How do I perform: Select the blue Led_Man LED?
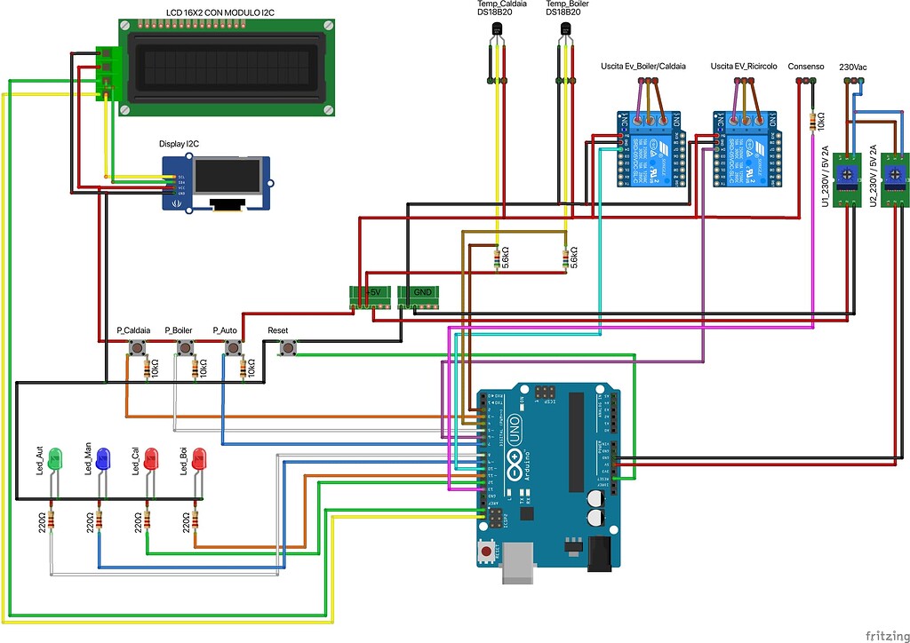(102, 460)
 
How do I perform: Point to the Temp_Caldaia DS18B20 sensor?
(496, 32)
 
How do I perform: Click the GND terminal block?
(419, 293)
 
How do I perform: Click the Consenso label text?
(807, 67)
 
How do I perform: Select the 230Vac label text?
(853, 67)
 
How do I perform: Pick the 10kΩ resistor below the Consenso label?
(812, 121)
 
